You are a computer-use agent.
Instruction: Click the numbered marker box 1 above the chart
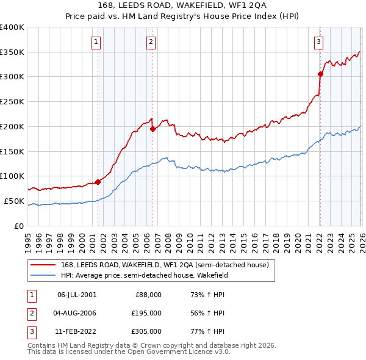tap(97, 42)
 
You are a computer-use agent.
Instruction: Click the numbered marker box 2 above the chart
tap(151, 42)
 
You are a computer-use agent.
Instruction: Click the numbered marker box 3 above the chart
tap(318, 42)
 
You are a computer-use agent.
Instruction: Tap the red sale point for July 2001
tap(98, 182)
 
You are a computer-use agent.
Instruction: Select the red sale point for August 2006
tap(152, 129)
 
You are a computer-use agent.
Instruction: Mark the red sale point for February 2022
tap(320, 74)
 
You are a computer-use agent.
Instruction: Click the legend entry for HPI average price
tap(144, 275)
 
